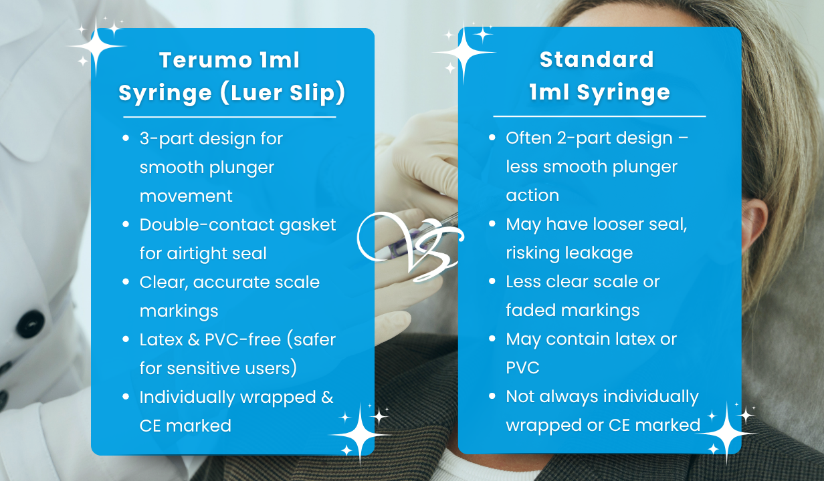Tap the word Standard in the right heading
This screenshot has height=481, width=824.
pos(597,59)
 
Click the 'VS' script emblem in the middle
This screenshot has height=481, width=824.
pos(409,241)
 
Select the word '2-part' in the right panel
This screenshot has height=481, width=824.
pos(577,139)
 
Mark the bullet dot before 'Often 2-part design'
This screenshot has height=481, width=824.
pos(492,138)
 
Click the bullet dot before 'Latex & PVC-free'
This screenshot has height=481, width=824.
pos(126,339)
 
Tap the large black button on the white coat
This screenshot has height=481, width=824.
pos(30,325)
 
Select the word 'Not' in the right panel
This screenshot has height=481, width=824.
pos(520,397)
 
